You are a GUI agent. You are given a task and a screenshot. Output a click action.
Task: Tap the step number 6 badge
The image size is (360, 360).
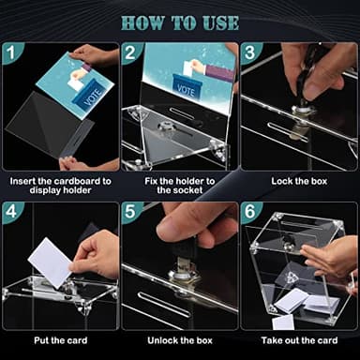(x=252, y=214)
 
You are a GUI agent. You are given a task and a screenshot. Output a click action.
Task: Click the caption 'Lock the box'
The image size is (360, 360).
(x=299, y=179)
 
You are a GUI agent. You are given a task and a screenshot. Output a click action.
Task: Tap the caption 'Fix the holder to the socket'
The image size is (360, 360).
(x=179, y=185)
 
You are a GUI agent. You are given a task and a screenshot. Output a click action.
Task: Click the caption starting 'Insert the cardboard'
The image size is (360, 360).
(x=60, y=185)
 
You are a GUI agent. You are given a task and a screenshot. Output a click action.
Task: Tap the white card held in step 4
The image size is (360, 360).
(x=51, y=262)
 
